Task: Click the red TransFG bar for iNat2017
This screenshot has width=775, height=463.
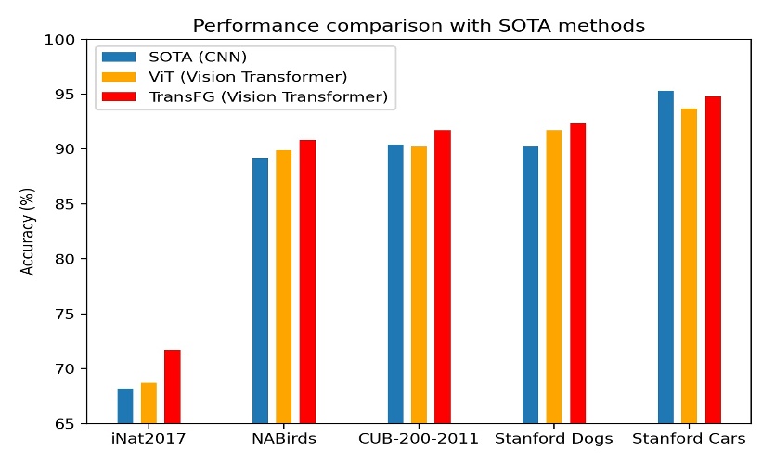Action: pos(172,387)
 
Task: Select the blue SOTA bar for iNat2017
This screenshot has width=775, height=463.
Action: pos(124,406)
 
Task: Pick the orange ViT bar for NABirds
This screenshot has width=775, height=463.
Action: pos(283,287)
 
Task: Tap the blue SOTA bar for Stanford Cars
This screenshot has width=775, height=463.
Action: pos(665,257)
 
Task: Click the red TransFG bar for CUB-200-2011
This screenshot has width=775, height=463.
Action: pos(442,277)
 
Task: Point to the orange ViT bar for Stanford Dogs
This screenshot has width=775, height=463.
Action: pos(553,277)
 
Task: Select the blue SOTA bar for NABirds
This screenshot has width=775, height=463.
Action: pos(260,290)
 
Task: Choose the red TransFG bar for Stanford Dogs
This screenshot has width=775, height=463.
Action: pos(577,274)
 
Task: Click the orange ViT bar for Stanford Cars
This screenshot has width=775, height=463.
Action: pos(689,266)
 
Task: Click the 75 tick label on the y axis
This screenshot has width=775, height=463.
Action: pos(66,315)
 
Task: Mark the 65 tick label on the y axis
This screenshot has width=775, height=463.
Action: pos(66,424)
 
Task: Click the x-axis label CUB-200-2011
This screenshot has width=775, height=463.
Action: pos(419,438)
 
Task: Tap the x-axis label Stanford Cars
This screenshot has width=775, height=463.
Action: pos(689,438)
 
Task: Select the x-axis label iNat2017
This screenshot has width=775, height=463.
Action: pos(149,438)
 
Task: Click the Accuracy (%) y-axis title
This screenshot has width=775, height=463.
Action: pos(28,232)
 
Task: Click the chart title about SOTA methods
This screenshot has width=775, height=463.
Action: pos(418,25)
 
